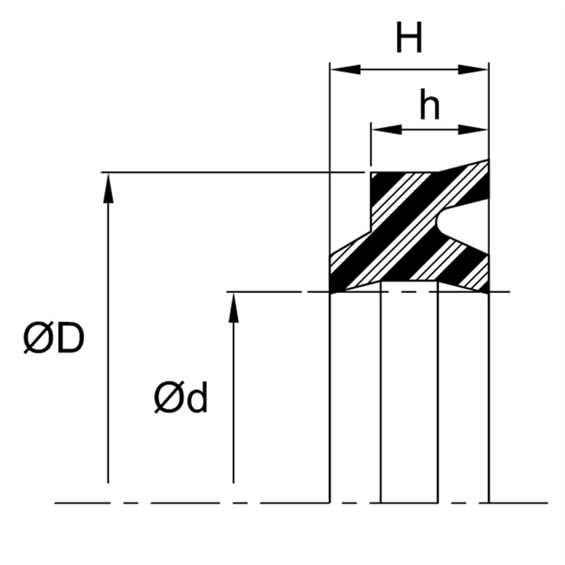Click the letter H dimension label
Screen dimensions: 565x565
coord(409,37)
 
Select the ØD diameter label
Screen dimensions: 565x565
coord(54,338)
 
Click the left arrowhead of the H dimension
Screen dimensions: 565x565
coord(345,69)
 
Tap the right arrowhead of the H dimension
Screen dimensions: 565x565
coord(473,69)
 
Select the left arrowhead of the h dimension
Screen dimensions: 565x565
coord(386,129)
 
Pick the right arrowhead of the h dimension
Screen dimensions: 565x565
coord(473,129)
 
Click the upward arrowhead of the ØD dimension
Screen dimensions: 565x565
coord(108,188)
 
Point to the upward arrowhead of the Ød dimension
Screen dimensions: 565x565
coord(234,307)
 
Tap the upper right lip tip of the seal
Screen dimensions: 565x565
coord(488,160)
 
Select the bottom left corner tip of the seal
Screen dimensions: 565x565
coord(331,292)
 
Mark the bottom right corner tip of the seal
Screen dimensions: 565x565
coord(488,292)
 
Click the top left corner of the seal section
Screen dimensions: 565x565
coord(371,172)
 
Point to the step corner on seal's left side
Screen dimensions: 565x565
coord(371,232)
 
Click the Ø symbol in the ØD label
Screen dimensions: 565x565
coord(39,338)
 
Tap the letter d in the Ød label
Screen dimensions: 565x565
coord(198,397)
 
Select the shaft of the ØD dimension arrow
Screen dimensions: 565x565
coord(108,343)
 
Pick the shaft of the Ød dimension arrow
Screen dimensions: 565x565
coord(234,403)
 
